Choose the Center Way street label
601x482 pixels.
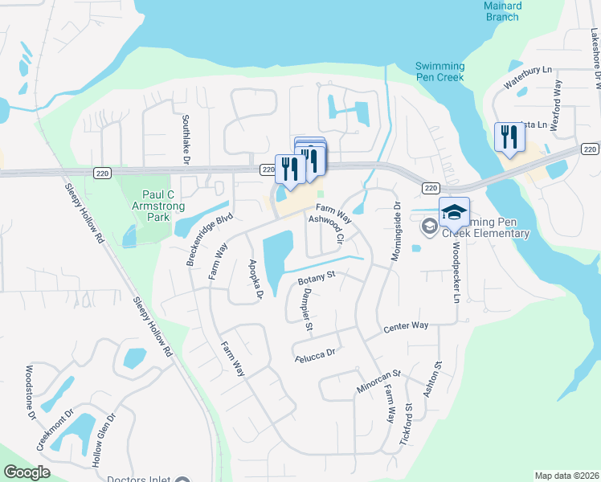click(406, 327)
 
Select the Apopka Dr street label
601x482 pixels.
click(256, 279)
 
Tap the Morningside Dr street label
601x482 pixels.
click(395, 230)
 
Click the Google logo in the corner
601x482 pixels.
click(27, 472)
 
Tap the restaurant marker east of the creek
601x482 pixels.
click(509, 137)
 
